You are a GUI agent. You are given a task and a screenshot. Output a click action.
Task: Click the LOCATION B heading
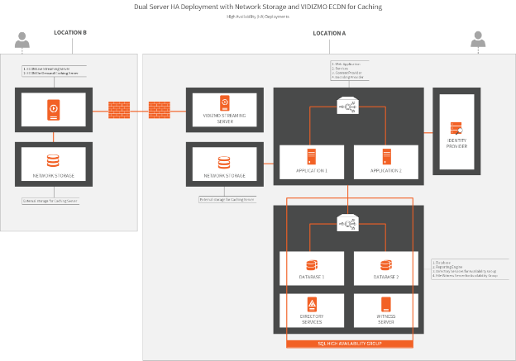pyautogui.click(x=70, y=33)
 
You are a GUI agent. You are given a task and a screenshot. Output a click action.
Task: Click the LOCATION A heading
pyautogui.click(x=329, y=33)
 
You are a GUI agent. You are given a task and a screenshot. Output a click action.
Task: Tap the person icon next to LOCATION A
pyautogui.click(x=478, y=39)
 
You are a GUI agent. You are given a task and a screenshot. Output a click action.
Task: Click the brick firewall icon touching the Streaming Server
pyautogui.click(x=160, y=107)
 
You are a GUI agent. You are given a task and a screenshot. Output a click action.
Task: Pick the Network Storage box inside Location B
pyautogui.click(x=52, y=165)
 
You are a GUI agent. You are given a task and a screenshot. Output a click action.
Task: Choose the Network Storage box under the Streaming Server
pyautogui.click(x=224, y=165)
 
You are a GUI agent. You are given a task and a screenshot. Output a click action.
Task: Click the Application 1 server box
pyautogui.click(x=312, y=160)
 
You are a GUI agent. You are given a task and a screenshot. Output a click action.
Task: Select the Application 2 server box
pyautogui.click(x=385, y=160)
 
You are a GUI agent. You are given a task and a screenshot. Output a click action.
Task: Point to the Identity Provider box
pyautogui.click(x=456, y=132)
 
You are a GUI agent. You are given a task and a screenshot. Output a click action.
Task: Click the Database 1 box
pyautogui.click(x=312, y=269)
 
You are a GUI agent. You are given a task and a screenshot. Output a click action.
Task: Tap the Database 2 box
pyautogui.click(x=385, y=269)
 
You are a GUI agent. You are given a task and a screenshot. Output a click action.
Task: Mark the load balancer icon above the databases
pyautogui.click(x=347, y=222)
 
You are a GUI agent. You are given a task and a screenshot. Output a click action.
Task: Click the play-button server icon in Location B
pyautogui.click(x=52, y=109)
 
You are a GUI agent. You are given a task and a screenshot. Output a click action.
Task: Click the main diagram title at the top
pyautogui.click(x=257, y=7)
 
